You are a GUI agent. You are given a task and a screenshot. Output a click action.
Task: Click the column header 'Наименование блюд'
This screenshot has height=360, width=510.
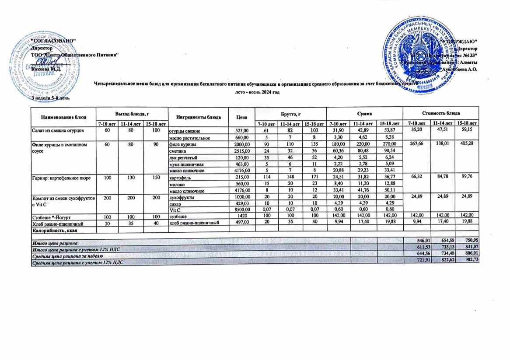(x=63, y=118)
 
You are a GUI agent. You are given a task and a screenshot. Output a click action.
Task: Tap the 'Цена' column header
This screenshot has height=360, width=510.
(x=239, y=117)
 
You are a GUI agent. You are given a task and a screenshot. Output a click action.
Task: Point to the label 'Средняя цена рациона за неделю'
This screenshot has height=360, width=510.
(x=66, y=255)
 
